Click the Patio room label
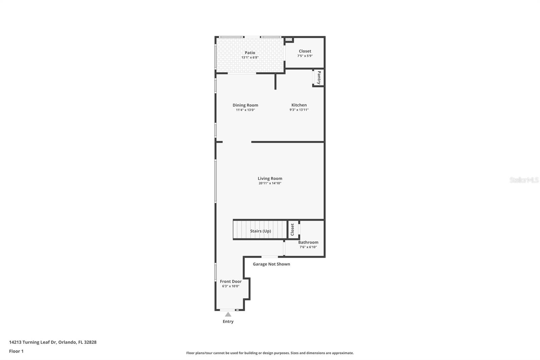pyautogui.click(x=250, y=53)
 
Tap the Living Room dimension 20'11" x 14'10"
pyautogui.click(x=270, y=183)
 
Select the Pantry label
pyautogui.click(x=319, y=77)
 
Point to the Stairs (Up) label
pyautogui.click(x=260, y=231)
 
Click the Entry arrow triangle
pyautogui.click(x=228, y=314)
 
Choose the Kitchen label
pyautogui.click(x=299, y=105)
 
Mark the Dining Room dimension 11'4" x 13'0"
pyautogui.click(x=245, y=110)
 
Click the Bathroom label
pyautogui.click(x=308, y=242)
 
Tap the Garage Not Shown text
pyautogui.click(x=271, y=264)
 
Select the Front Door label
pyautogui.click(x=231, y=281)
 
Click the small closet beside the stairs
pyautogui.click(x=293, y=230)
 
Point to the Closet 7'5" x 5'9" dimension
pyautogui.click(x=305, y=56)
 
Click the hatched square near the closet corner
pyautogui.click(x=289, y=40)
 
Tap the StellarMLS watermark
pyautogui.click(x=524, y=180)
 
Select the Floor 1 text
pyautogui.click(x=16, y=351)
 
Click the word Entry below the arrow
pyautogui.click(x=228, y=322)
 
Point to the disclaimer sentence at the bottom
pyautogui.click(x=270, y=353)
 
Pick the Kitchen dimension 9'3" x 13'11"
pyautogui.click(x=299, y=110)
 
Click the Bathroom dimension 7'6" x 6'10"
pyautogui.click(x=308, y=247)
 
